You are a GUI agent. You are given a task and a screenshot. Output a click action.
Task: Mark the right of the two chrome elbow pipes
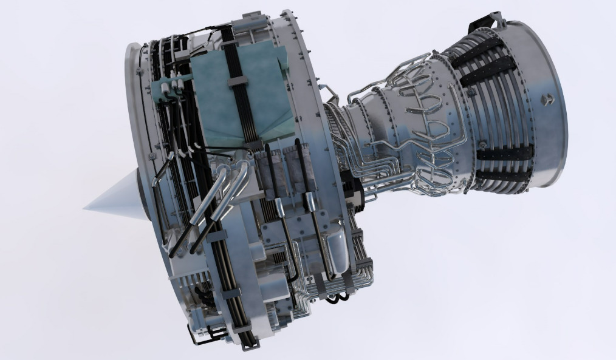coord(241,176)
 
